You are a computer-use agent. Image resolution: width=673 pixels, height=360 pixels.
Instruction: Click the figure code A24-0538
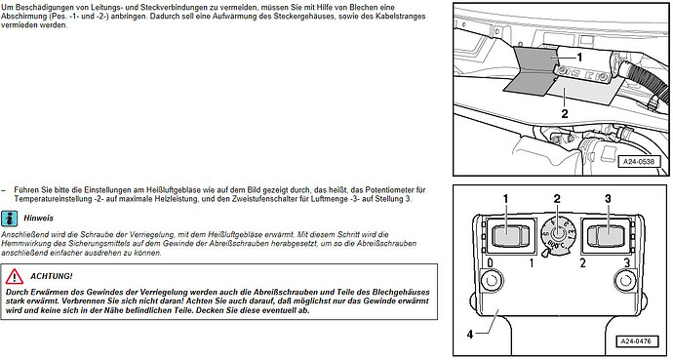pyautogui.click(x=639, y=162)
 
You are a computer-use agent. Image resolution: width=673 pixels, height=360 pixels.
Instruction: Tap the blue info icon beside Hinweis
pyautogui.click(x=9, y=219)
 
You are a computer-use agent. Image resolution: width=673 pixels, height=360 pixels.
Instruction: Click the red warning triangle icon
pyautogui.click(x=15, y=276)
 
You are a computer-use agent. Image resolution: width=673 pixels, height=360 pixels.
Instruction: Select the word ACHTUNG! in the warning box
pyautogui.click(x=51, y=276)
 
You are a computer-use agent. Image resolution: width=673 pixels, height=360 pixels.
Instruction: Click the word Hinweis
pyautogui.click(x=39, y=218)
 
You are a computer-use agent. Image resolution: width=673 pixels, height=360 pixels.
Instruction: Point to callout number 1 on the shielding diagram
pyautogui.click(x=579, y=57)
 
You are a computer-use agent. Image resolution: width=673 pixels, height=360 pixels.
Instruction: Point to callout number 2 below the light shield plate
pyautogui.click(x=565, y=114)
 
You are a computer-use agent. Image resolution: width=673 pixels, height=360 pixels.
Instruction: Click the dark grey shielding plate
pyautogui.click(x=531, y=69)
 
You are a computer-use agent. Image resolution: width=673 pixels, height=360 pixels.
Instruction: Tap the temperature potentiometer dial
pyautogui.click(x=557, y=234)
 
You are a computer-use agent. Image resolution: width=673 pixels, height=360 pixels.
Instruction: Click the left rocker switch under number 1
pyautogui.click(x=510, y=235)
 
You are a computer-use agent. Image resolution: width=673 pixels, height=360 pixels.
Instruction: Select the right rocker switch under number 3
pyautogui.click(x=606, y=235)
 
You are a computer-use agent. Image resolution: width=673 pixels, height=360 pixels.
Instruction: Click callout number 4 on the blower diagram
pyautogui.click(x=470, y=334)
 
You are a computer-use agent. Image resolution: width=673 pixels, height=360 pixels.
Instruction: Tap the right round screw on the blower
pyautogui.click(x=624, y=281)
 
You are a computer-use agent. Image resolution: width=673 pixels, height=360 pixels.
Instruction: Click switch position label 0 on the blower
pyautogui.click(x=490, y=262)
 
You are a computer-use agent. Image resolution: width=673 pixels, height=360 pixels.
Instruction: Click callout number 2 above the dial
pyautogui.click(x=557, y=199)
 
